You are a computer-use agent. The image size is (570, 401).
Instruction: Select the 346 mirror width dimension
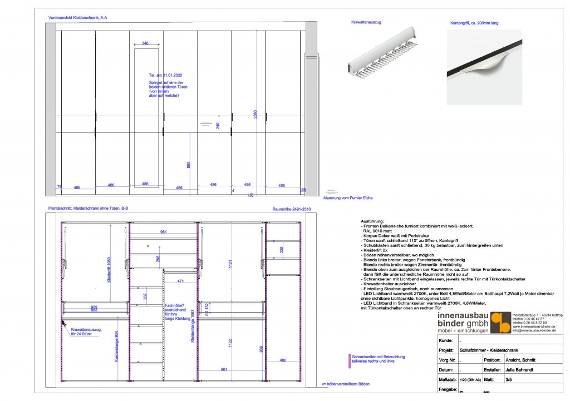(x=145, y=43)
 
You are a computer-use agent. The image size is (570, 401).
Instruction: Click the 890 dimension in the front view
(x=189, y=165)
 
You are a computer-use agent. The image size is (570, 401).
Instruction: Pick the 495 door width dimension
(x=282, y=185)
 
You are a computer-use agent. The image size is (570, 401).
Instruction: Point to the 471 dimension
(x=180, y=281)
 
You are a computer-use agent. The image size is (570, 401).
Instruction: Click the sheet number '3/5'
(x=508, y=379)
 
